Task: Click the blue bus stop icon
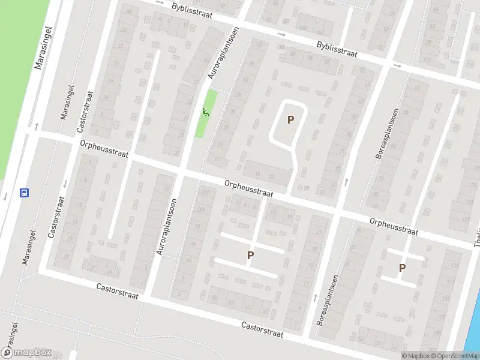(25, 193)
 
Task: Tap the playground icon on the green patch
(206, 111)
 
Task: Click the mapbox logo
(26, 353)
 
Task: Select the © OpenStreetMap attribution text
(455, 356)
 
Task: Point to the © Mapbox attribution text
(415, 356)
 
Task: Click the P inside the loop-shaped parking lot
(290, 120)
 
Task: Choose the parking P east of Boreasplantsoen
(402, 268)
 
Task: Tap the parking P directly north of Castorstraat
(250, 256)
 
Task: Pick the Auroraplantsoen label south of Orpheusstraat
(166, 227)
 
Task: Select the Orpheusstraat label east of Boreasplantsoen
(394, 226)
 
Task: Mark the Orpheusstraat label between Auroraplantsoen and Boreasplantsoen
(249, 190)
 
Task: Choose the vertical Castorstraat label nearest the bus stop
(56, 216)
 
